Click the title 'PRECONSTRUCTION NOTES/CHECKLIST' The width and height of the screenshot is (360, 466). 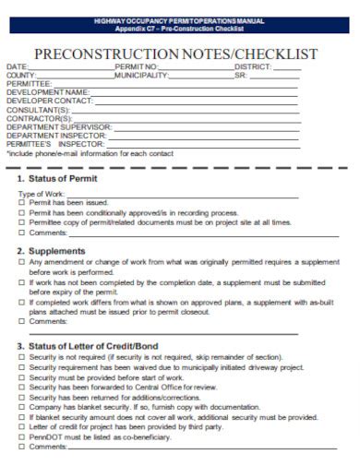coord(175,54)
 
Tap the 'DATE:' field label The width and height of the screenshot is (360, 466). coord(18,67)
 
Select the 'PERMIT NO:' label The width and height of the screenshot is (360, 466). coord(136,67)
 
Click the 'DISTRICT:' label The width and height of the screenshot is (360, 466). coord(253,67)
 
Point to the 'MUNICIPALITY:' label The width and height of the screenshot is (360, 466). coord(142,76)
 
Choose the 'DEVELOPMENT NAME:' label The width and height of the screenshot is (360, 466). coord(48,92)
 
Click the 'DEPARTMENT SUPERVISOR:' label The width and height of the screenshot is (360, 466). coord(59,126)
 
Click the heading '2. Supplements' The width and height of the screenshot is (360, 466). coord(51,250)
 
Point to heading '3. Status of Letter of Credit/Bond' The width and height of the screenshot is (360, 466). coord(88,346)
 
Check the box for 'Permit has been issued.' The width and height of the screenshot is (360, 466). coord(22,202)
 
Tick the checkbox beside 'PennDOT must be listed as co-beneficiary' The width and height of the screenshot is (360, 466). coord(22,436)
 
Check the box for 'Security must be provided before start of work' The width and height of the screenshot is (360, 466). coord(22,377)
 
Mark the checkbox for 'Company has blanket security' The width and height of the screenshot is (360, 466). coord(22,407)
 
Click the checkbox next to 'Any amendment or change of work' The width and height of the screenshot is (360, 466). coord(22,263)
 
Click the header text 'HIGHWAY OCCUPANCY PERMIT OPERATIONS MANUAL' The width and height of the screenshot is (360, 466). coord(179,20)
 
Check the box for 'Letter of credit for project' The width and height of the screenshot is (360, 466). coord(22,426)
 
